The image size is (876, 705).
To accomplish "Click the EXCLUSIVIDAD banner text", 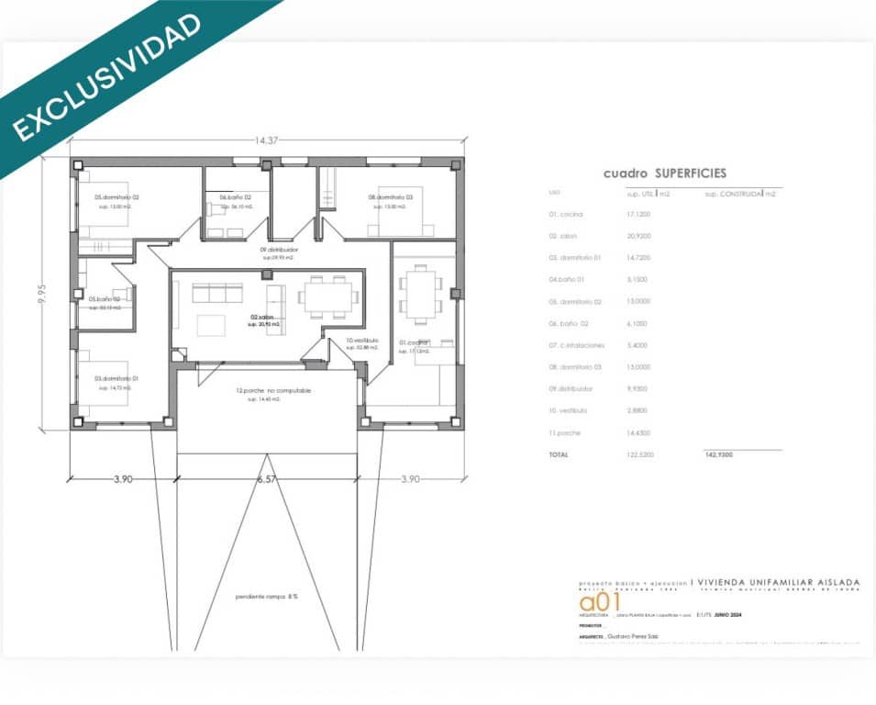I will [107, 77].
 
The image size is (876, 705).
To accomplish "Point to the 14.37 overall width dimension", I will [267, 140].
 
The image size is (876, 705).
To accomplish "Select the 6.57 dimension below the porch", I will [267, 479].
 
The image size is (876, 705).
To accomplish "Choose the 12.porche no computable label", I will [273, 390].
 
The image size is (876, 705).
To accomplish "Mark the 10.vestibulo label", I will [362, 341].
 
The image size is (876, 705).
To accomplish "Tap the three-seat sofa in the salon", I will [217, 293].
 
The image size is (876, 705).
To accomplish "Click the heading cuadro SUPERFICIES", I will [664, 173].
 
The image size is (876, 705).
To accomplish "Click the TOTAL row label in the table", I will [558, 454].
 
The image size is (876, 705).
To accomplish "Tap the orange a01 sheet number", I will [600, 602].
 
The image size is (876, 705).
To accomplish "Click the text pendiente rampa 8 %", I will [266, 596].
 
